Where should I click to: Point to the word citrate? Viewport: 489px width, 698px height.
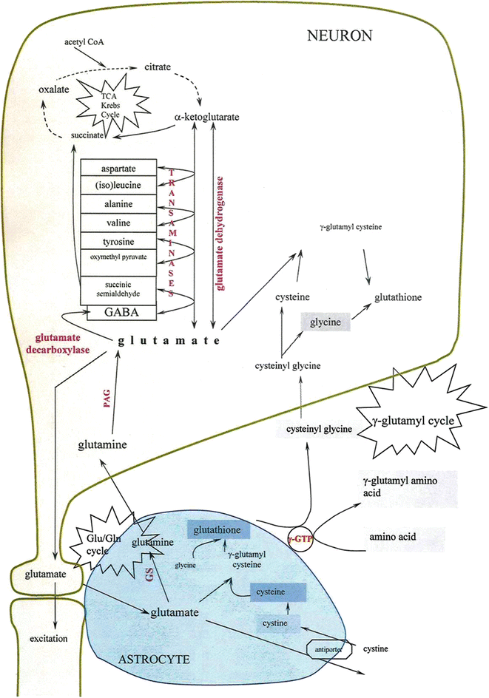pos(158,67)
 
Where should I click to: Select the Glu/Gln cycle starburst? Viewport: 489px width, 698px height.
pos(97,535)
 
